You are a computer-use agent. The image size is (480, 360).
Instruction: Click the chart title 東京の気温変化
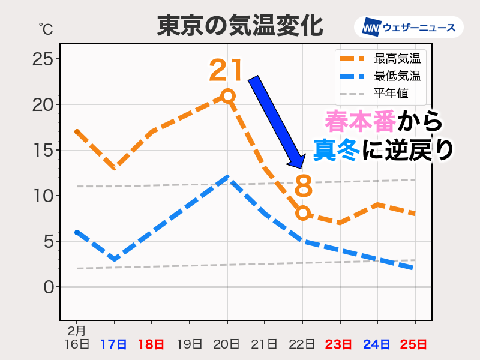click(x=240, y=26)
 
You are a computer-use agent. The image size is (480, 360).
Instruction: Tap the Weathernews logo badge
click(x=409, y=27)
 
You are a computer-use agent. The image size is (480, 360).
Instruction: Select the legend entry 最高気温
click(x=397, y=59)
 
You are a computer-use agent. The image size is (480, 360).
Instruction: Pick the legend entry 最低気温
click(x=397, y=76)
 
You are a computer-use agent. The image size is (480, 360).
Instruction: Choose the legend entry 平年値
click(x=391, y=94)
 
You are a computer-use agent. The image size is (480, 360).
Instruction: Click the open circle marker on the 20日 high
click(x=227, y=96)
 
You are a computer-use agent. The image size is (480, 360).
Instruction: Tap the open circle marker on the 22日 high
click(x=302, y=213)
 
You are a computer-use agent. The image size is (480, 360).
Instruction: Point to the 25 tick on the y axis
click(x=43, y=59)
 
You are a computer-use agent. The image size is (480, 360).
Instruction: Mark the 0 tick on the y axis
click(x=48, y=287)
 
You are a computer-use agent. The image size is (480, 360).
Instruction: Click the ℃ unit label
click(x=46, y=28)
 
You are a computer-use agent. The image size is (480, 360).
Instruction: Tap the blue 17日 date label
click(x=114, y=344)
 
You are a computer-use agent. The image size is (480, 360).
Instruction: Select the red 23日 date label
click(x=340, y=344)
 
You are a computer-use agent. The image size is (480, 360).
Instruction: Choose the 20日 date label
click(x=227, y=344)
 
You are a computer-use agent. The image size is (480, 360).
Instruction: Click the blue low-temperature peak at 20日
click(x=227, y=177)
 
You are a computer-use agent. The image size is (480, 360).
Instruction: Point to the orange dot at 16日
click(x=77, y=131)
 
